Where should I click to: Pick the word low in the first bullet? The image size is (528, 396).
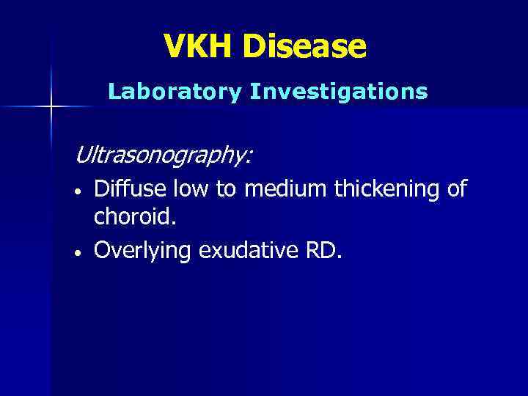(188, 189)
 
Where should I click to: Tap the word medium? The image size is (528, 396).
(286, 189)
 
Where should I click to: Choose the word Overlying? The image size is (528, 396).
(144, 251)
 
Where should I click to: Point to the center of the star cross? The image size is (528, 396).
(51, 107)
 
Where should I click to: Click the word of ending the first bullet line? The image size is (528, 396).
(456, 189)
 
